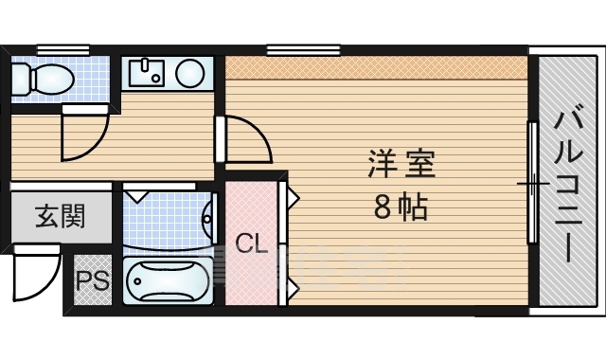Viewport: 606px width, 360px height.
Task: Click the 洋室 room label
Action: tap(401, 163)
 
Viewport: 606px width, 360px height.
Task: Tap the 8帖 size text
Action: tap(401, 207)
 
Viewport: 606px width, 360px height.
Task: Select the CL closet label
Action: tap(251, 243)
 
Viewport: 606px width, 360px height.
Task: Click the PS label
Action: tap(92, 282)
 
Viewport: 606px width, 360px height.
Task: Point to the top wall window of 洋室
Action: tap(303, 48)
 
